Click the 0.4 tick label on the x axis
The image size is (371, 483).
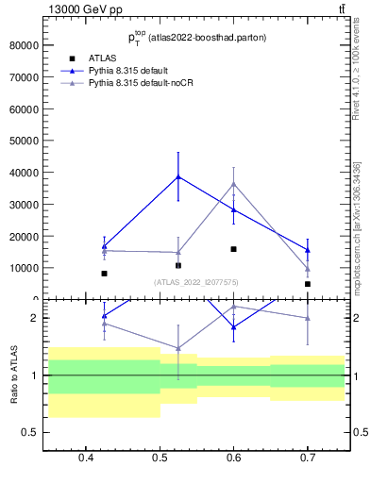point(86,458)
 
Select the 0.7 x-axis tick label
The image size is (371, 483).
point(308,458)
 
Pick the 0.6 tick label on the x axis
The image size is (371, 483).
point(234,458)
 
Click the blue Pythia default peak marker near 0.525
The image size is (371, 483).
point(178,176)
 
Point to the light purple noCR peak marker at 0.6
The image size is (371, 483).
point(234,183)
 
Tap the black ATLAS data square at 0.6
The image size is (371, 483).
point(234,249)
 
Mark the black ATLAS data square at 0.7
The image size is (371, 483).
point(308,284)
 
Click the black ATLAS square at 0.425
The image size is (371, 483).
point(104,274)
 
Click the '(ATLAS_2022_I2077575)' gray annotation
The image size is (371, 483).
point(196,282)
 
